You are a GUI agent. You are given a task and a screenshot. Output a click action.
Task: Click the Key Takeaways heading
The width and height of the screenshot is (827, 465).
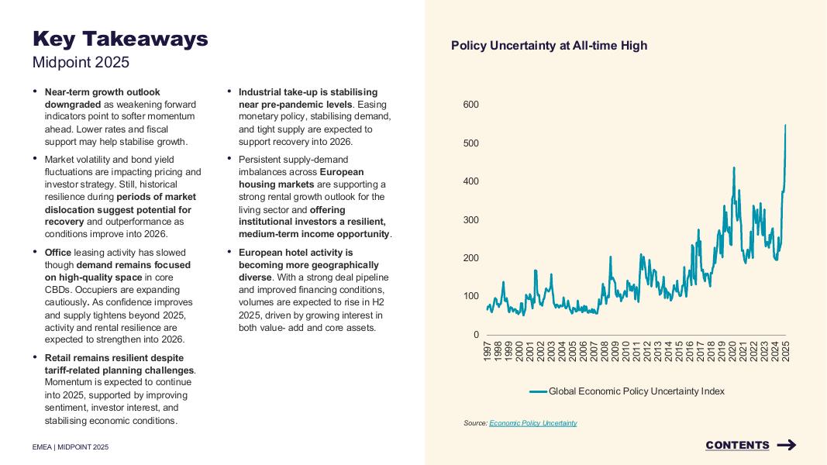pos(120,39)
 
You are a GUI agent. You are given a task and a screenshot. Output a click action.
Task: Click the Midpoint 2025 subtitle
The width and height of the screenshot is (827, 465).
pos(81,62)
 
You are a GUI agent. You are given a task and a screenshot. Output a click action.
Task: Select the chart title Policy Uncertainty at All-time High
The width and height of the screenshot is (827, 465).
pos(549,46)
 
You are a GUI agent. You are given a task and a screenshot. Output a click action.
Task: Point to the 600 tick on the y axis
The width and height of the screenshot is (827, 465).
pos(471,105)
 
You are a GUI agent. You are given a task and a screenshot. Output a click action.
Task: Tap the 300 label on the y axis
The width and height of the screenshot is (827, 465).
pos(471,220)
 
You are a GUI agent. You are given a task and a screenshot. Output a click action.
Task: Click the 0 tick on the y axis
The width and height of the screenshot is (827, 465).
pos(476,335)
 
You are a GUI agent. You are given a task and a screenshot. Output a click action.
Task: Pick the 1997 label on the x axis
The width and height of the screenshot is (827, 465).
pos(488,351)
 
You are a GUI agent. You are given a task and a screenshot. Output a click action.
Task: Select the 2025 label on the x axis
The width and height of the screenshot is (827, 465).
pos(786,351)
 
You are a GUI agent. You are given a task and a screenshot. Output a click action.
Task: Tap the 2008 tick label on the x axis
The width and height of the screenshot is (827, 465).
pos(605,351)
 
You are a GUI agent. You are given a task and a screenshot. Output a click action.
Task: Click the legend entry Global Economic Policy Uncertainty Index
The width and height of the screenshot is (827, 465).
pos(636,391)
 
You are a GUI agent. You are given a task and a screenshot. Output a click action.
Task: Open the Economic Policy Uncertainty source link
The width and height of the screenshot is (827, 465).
pos(533,423)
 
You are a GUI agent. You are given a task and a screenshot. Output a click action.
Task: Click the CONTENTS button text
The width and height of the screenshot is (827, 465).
pos(737,445)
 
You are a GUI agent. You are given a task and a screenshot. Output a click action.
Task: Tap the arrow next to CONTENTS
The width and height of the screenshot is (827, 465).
pos(786,445)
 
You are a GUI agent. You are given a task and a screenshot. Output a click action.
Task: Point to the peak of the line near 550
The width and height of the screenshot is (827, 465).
pos(785,126)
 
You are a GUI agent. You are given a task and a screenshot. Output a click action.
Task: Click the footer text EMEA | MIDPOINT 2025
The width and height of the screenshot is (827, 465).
pos(71,447)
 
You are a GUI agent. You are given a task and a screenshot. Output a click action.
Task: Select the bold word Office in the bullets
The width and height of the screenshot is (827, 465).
pos(58,252)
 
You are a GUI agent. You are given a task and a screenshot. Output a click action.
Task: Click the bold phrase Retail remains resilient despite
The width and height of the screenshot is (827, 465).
pos(114,358)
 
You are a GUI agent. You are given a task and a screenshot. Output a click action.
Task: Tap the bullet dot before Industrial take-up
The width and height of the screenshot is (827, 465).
pos(229,91)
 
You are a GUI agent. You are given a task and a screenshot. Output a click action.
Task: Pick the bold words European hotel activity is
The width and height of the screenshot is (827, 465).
pos(295,252)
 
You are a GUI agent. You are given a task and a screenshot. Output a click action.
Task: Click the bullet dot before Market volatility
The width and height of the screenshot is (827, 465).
pos(36,158)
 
